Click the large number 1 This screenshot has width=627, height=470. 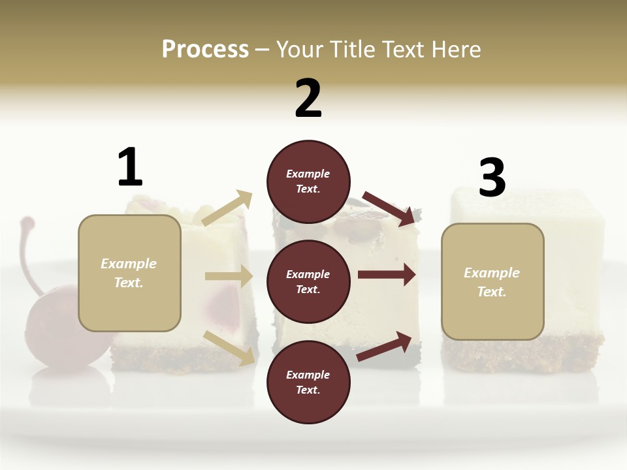[130, 168]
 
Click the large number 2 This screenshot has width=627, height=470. [308, 99]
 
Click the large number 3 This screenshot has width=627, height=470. [492, 178]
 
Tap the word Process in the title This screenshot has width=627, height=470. [205, 49]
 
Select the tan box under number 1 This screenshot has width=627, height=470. [129, 273]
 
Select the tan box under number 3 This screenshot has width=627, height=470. [492, 281]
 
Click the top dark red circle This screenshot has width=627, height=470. [308, 181]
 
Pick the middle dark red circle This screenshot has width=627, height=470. [308, 281]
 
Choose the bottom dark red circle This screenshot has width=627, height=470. [308, 382]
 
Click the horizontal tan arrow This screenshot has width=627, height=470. [229, 276]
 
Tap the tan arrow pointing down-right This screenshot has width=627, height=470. [229, 347]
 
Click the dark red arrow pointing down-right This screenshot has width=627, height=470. [389, 208]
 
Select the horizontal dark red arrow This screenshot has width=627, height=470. [387, 275]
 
